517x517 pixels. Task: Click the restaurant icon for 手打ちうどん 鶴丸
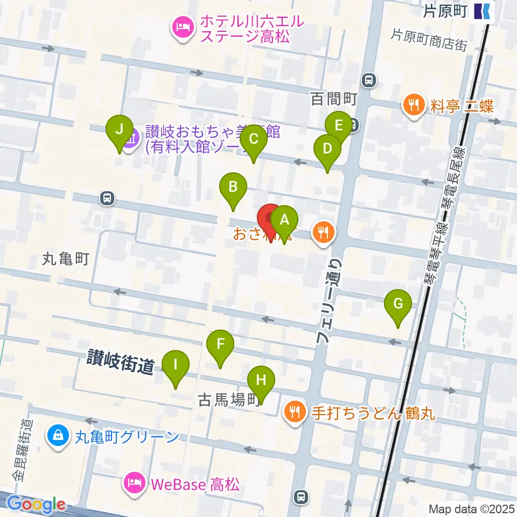pyautogui.click(x=294, y=413)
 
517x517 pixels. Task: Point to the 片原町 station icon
pyautogui.click(x=482, y=10)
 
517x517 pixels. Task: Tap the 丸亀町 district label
pyautogui.click(x=66, y=260)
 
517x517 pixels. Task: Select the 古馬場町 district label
pyautogui.click(x=229, y=400)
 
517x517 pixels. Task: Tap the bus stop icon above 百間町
pyautogui.click(x=369, y=80)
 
